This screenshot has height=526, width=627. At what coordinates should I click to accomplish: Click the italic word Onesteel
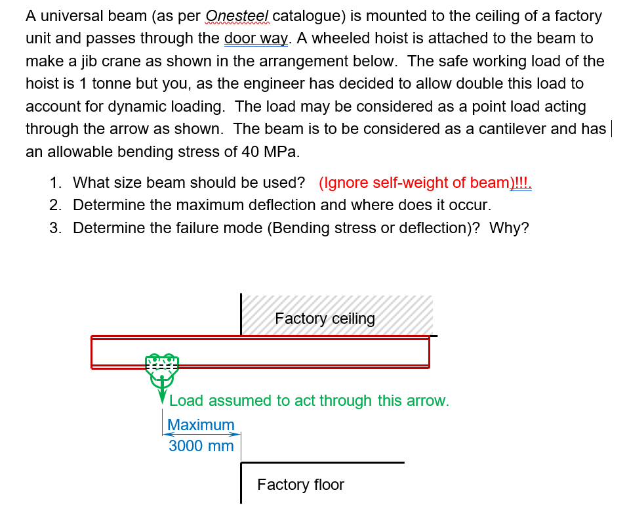click(x=237, y=16)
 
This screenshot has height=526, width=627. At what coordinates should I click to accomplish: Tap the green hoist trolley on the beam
click(x=162, y=370)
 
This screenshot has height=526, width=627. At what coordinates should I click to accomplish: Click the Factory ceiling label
click(x=325, y=318)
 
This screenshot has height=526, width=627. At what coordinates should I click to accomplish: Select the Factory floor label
click(x=300, y=485)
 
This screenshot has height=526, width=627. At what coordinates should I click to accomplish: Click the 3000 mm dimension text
click(x=201, y=446)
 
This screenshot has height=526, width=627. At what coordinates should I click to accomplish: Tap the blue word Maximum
click(x=201, y=425)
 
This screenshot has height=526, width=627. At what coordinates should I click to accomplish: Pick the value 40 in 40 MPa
click(x=251, y=152)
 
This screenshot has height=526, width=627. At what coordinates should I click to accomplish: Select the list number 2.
click(x=56, y=205)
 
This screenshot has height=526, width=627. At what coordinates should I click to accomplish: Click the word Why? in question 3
click(x=509, y=228)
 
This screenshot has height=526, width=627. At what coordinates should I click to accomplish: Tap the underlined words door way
click(x=256, y=39)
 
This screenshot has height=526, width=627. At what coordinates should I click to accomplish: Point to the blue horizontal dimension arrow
click(x=201, y=434)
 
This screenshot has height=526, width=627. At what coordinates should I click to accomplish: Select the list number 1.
click(x=56, y=183)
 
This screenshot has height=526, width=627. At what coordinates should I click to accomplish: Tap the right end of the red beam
click(x=430, y=352)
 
